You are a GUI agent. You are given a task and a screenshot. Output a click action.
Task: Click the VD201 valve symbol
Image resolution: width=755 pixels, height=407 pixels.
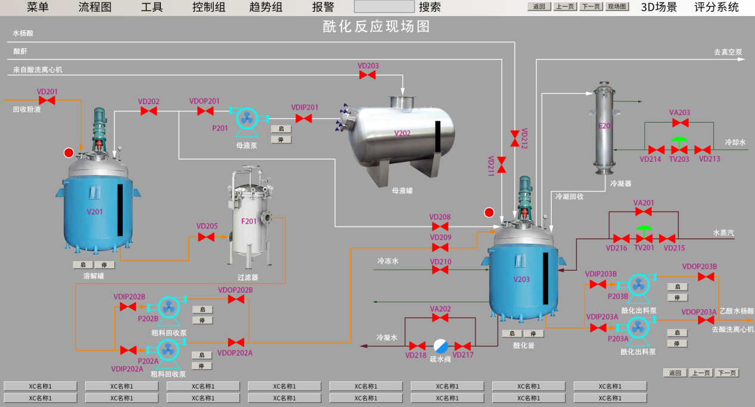tap(47, 101)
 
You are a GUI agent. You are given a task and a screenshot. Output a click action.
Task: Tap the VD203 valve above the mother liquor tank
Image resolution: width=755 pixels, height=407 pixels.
tap(368, 75)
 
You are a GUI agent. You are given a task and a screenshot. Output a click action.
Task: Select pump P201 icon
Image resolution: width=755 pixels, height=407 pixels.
tap(246, 118)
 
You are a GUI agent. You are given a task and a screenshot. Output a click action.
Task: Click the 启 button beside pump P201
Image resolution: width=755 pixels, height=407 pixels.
tap(281, 129)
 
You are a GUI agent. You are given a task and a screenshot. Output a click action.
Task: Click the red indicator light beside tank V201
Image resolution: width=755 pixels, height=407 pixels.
tap(69, 153)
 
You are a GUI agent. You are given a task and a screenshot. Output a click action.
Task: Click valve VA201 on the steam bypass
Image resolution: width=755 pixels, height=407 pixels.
tap(644, 212)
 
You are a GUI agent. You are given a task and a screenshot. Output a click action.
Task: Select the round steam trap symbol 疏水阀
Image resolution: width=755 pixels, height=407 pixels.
tap(441, 346)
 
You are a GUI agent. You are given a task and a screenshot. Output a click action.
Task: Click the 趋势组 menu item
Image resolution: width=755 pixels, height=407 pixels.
tap(266, 7)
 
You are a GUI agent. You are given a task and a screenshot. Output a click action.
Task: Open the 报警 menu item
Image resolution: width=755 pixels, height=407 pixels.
tap(323, 7)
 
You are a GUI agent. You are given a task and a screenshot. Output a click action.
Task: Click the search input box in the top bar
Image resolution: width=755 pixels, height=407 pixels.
tap(384, 7)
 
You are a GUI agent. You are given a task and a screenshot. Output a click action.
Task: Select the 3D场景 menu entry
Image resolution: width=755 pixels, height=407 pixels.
tap(658, 7)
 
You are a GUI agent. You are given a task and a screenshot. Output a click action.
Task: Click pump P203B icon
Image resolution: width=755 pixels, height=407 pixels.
tap(638, 284)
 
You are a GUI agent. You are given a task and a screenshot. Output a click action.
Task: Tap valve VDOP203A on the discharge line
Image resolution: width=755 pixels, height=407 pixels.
tap(706, 320)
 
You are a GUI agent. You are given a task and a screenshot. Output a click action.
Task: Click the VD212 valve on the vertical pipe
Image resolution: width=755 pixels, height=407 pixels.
tap(515, 139)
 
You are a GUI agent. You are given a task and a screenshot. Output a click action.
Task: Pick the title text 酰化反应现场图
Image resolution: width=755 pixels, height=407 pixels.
tap(376, 26)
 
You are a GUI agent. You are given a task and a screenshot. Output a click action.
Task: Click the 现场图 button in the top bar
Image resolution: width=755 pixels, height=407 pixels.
tap(617, 7)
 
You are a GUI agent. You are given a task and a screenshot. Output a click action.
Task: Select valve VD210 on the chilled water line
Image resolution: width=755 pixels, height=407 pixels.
tap(440, 270)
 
